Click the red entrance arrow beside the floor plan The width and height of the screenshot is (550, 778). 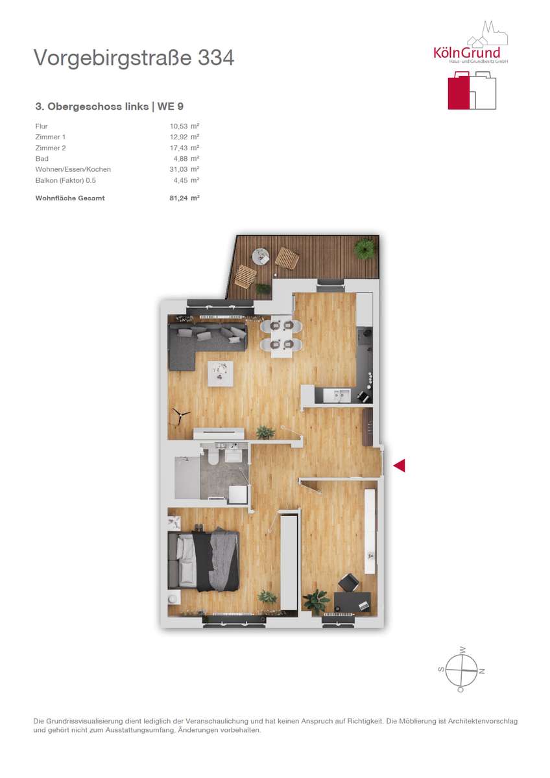(x=400, y=465)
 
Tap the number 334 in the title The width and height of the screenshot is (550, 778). (x=216, y=58)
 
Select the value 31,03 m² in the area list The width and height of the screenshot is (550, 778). (x=184, y=169)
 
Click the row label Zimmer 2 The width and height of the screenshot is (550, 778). (x=51, y=148)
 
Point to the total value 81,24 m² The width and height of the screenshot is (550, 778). (x=184, y=198)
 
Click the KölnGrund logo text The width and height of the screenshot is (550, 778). (x=466, y=53)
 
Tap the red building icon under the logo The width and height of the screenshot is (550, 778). (x=459, y=91)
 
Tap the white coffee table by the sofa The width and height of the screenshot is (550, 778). (x=221, y=373)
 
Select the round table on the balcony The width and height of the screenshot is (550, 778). (x=260, y=256)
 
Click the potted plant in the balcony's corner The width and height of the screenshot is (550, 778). (x=365, y=248)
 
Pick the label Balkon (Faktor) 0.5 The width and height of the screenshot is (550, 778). (x=66, y=181)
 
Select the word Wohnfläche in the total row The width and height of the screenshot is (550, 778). (x=55, y=198)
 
